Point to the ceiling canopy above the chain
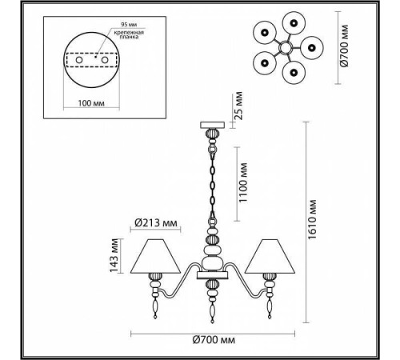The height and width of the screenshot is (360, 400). (212, 125)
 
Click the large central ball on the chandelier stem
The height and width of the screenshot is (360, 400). (212, 262)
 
